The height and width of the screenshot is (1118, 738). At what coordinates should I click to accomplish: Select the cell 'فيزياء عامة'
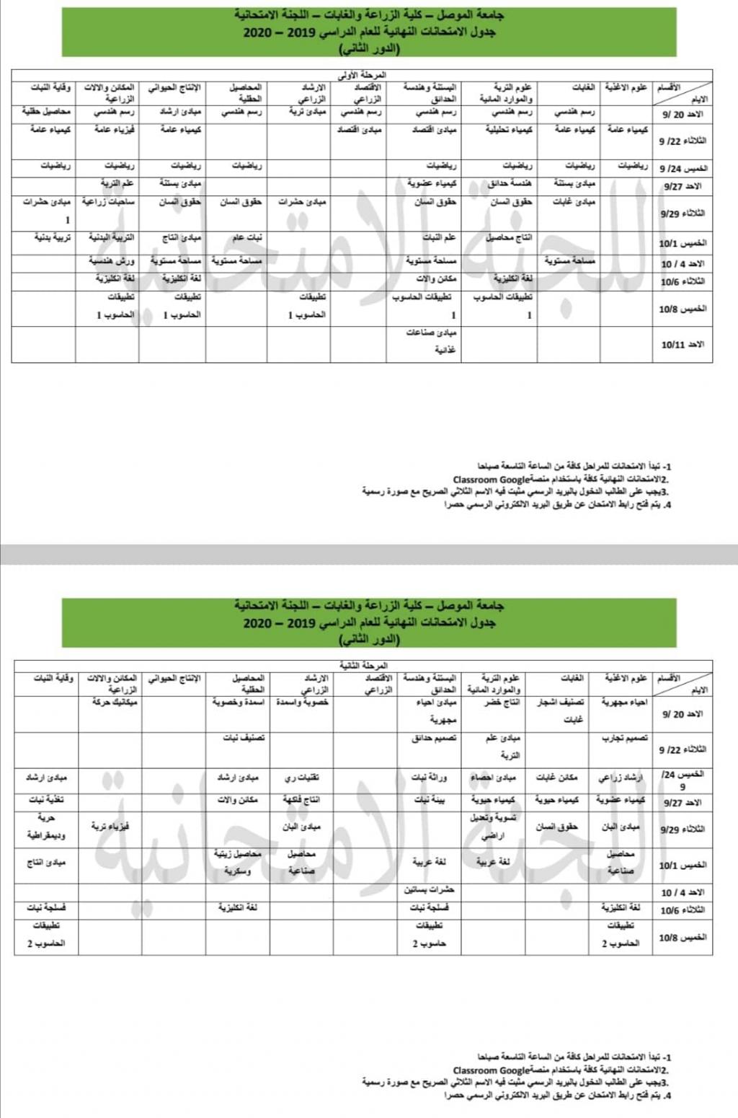click(x=115, y=130)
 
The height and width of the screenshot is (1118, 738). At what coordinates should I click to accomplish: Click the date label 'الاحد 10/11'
click(x=683, y=345)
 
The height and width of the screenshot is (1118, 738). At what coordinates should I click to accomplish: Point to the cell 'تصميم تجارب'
click(x=624, y=739)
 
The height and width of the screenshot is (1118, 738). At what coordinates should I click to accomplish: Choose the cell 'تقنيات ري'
click(x=303, y=778)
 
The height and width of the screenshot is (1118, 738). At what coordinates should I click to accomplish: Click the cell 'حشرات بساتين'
click(x=432, y=890)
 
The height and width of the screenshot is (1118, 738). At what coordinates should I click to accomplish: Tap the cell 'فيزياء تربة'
click(x=110, y=827)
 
